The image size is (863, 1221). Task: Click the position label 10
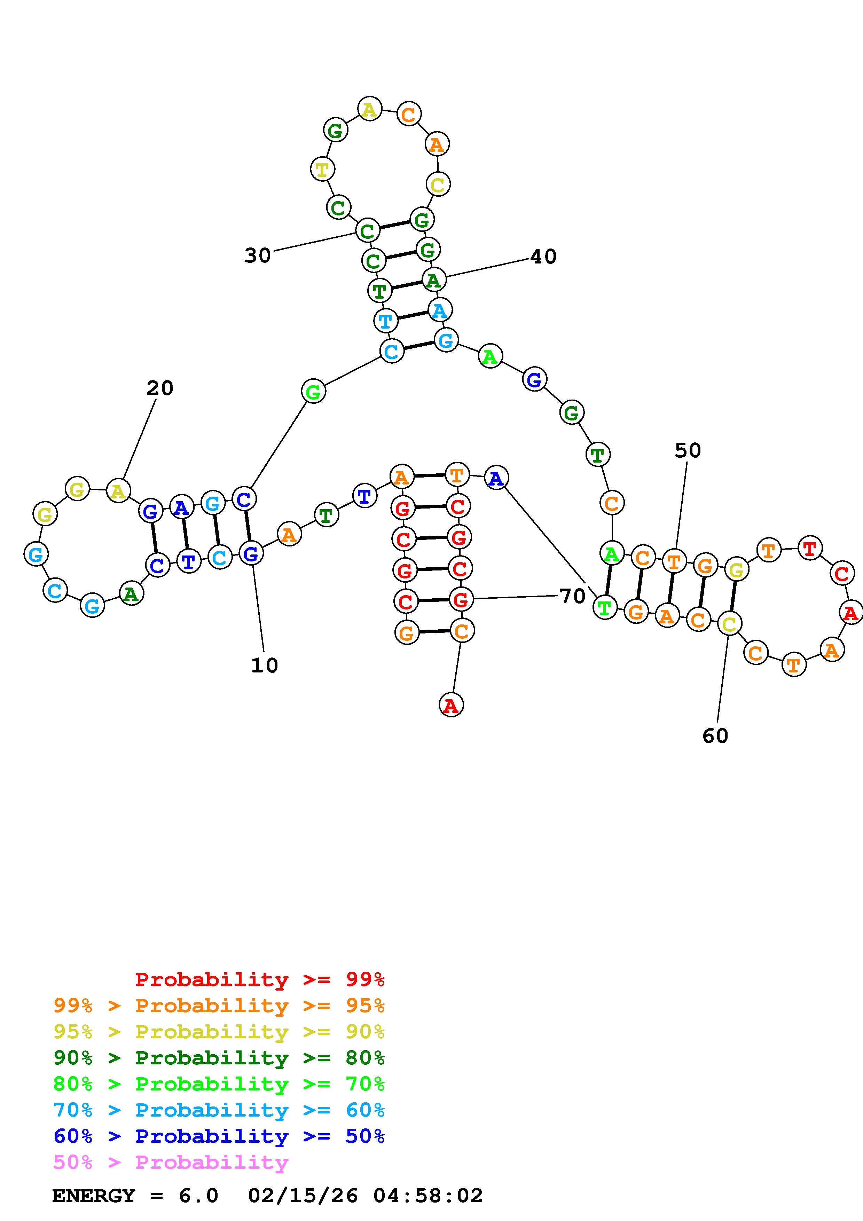(x=264, y=665)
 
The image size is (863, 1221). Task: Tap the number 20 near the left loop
(x=159, y=388)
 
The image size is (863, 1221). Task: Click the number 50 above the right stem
(x=688, y=450)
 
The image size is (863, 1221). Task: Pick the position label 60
(x=715, y=736)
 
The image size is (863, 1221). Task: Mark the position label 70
(x=572, y=596)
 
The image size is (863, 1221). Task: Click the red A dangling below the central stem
(x=451, y=705)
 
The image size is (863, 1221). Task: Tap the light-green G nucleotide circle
(x=313, y=392)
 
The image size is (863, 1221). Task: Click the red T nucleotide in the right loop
(x=809, y=548)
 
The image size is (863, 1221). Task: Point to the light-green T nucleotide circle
(x=604, y=607)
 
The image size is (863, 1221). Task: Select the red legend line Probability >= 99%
(x=259, y=979)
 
